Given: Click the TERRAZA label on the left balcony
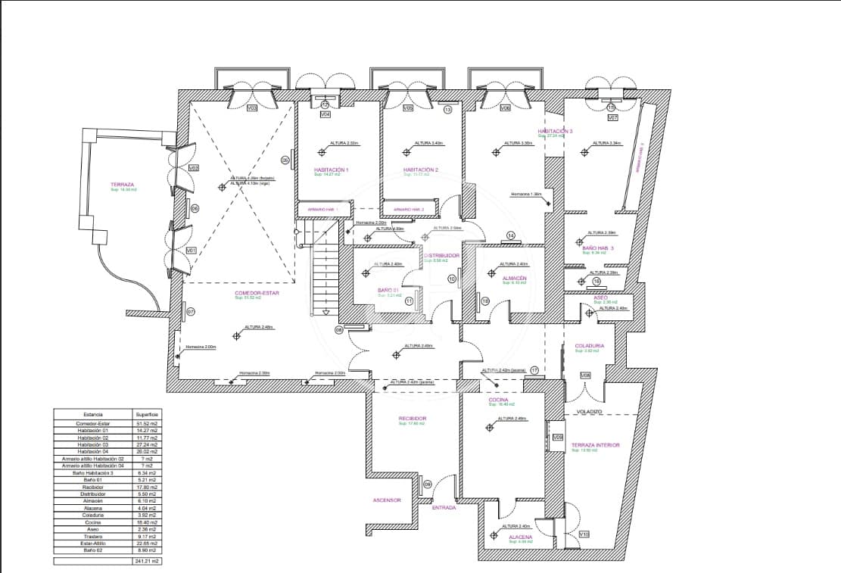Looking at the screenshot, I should click(x=122, y=185).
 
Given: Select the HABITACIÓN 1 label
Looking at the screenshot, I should click(x=331, y=170).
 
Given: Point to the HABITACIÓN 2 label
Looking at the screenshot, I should click(x=421, y=170).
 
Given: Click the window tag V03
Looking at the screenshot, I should click(x=252, y=108).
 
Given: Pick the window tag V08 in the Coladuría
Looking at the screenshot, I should click(x=585, y=375).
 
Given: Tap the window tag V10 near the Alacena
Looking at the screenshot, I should click(x=584, y=534).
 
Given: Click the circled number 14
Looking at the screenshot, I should click(x=510, y=235).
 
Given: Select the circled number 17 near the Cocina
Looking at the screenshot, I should click(x=534, y=370).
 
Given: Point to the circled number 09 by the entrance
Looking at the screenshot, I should click(x=428, y=484).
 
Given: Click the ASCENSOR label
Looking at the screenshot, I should click(x=386, y=500).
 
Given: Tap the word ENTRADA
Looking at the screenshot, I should click(x=444, y=508).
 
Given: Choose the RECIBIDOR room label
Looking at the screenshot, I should click(x=413, y=419).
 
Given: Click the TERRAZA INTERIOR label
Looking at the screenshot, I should click(x=595, y=445).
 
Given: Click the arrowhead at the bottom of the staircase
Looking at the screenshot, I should click(x=325, y=312).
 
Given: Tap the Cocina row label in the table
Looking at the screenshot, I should click(x=94, y=522).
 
